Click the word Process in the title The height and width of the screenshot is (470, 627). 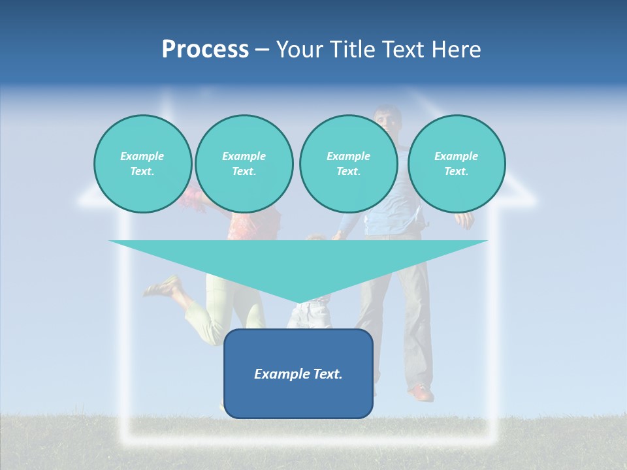(x=205, y=50)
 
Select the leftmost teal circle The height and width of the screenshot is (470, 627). (x=142, y=164)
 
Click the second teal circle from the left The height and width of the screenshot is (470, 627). (x=244, y=164)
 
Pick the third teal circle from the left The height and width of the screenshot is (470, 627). (x=348, y=164)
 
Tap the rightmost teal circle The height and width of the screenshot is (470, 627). (x=456, y=164)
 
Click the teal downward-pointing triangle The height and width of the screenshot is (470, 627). (x=298, y=261)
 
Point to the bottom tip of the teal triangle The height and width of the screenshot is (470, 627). (x=298, y=301)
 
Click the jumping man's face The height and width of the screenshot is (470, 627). (x=388, y=119)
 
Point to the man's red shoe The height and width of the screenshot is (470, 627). (x=421, y=393)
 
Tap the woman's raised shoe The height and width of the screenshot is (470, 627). (x=162, y=287)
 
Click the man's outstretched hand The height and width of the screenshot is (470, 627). (x=464, y=220)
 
